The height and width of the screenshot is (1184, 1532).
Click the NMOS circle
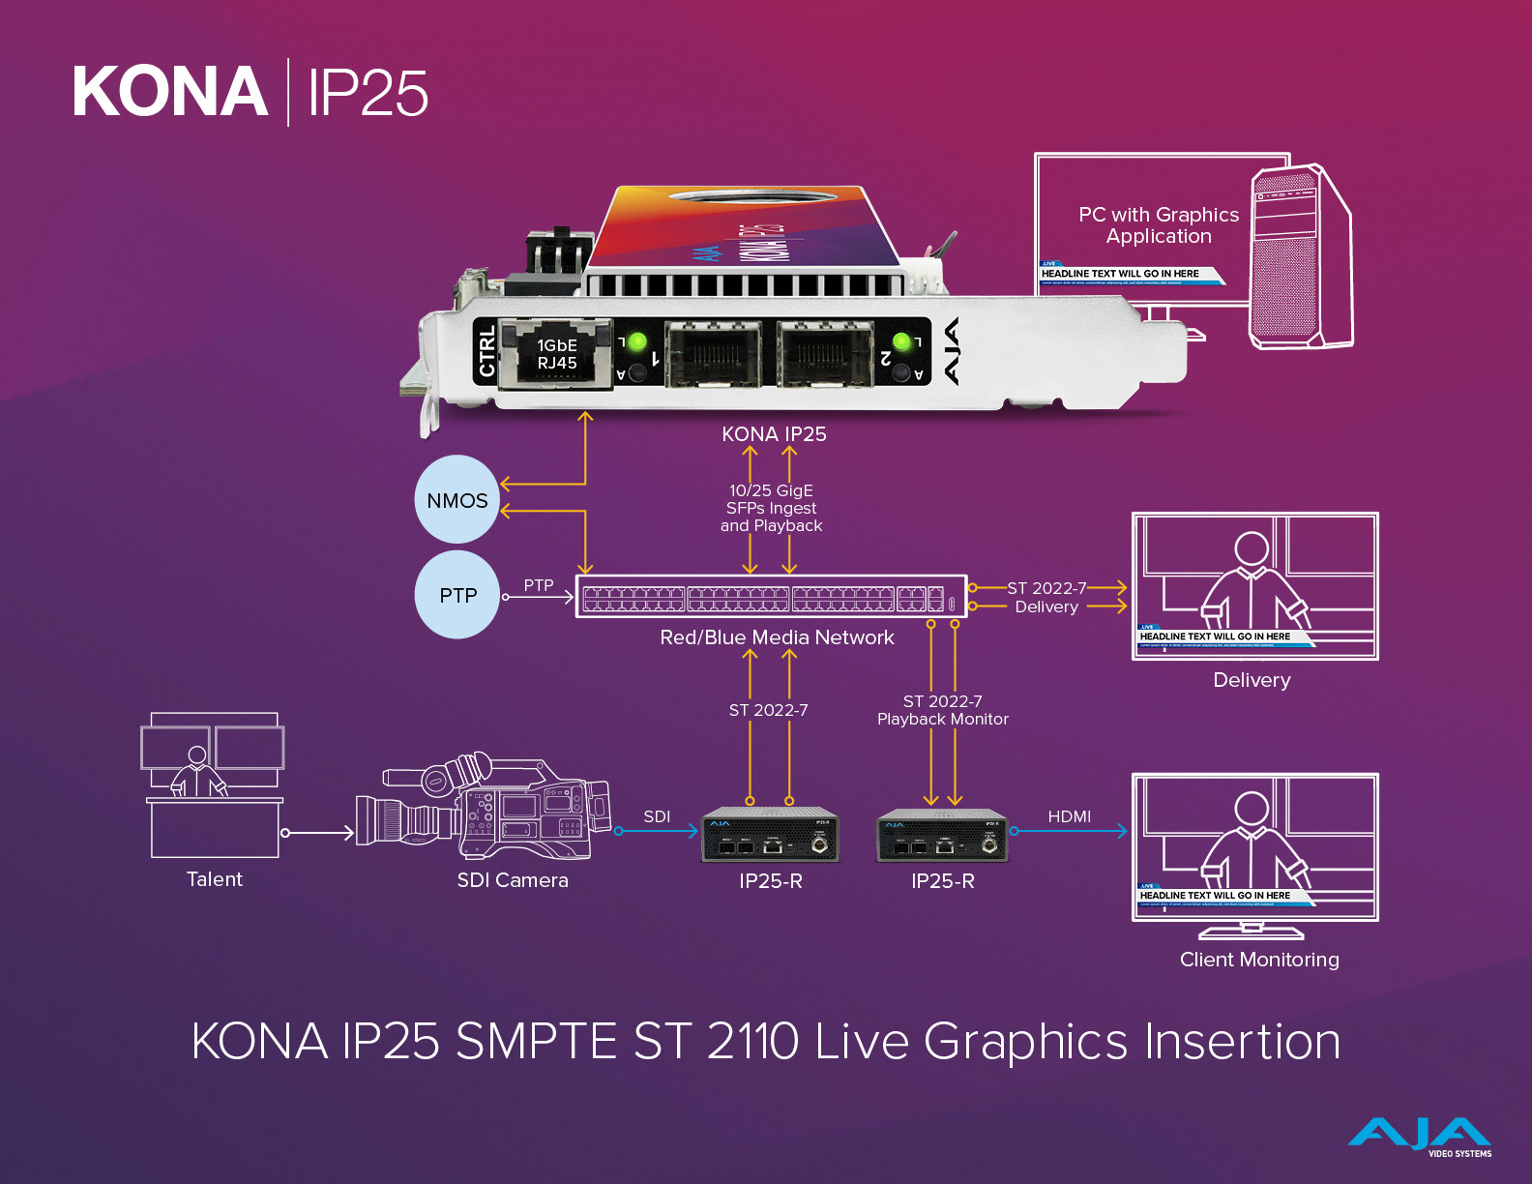(x=457, y=499)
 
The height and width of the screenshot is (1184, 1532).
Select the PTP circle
(x=458, y=595)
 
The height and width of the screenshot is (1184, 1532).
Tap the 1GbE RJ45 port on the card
(x=556, y=354)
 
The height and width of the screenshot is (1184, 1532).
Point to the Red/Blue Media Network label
(x=777, y=637)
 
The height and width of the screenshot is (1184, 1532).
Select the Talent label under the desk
(x=215, y=879)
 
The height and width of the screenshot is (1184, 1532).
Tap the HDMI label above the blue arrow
(x=1069, y=816)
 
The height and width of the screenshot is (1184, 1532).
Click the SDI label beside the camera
(x=657, y=816)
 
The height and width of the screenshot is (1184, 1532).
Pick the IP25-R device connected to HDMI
(x=942, y=836)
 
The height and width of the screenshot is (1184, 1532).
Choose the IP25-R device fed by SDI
(x=770, y=835)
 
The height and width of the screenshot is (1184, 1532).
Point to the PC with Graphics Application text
(x=1159, y=225)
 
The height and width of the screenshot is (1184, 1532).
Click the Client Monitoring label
(x=1259, y=960)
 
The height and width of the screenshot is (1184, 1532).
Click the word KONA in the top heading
(x=170, y=93)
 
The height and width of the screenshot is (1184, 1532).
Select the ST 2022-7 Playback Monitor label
(x=943, y=710)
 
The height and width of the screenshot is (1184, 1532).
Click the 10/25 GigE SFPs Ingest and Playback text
(x=772, y=508)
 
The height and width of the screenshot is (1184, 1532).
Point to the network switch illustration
(x=771, y=596)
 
